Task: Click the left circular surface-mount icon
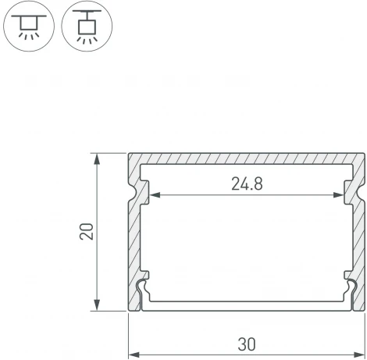pyautogui.click(x=30, y=28)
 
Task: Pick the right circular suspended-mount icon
pyautogui.click(x=87, y=28)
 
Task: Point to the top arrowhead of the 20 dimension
pyautogui.click(x=98, y=158)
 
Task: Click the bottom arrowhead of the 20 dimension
pyautogui.click(x=98, y=305)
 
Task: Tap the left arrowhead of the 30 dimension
pyautogui.click(x=133, y=328)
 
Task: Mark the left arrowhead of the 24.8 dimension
pyautogui.click(x=145, y=194)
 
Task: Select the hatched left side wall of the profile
pyautogui.click(x=134, y=234)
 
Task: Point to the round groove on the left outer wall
pyautogui.click(x=126, y=193)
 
